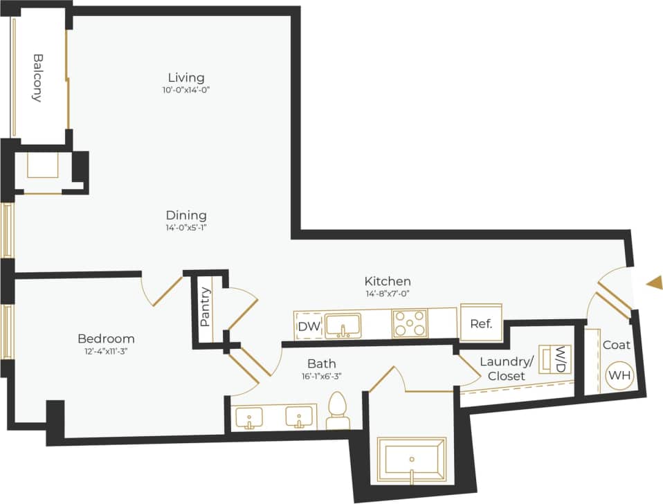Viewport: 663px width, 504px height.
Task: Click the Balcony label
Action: (x=38, y=78)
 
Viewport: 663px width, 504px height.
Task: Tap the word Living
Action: (x=186, y=77)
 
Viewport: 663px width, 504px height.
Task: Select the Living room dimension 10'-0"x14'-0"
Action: (x=186, y=89)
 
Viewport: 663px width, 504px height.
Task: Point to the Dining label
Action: (x=186, y=215)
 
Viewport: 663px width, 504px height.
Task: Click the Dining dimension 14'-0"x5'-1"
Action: (x=186, y=228)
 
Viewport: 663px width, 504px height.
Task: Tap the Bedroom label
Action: (x=106, y=339)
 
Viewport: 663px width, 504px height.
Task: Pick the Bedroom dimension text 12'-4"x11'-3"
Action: (x=106, y=351)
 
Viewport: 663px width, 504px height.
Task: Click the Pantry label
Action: (x=205, y=307)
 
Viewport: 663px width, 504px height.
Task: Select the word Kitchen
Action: (x=388, y=281)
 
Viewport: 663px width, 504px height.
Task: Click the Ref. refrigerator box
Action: (x=480, y=324)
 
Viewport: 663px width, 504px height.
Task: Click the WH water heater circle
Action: (x=619, y=376)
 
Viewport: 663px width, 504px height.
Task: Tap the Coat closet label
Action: (x=616, y=345)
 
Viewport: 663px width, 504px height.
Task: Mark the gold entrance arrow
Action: (x=654, y=282)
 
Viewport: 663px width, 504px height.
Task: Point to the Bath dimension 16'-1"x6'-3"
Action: (x=322, y=375)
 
